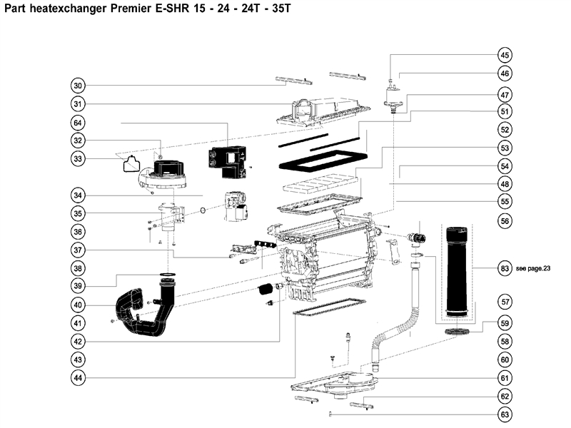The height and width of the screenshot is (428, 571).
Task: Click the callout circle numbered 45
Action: [x=505, y=56]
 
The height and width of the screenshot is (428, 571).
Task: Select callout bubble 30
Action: [x=79, y=86]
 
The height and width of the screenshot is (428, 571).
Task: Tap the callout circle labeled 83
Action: [x=505, y=268]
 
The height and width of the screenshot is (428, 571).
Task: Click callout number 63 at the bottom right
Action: [x=505, y=414]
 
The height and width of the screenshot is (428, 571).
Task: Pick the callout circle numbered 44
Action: [x=79, y=377]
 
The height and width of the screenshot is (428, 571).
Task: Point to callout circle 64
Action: [x=79, y=123]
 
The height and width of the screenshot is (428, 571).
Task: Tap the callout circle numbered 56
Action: [x=505, y=222]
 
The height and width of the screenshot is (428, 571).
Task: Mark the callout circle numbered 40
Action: [x=79, y=305]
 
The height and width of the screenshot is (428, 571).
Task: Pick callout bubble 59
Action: [x=505, y=322]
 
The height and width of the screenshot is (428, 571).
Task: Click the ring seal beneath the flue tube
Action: [x=458, y=332]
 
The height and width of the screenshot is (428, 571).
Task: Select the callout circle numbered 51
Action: [x=505, y=111]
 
